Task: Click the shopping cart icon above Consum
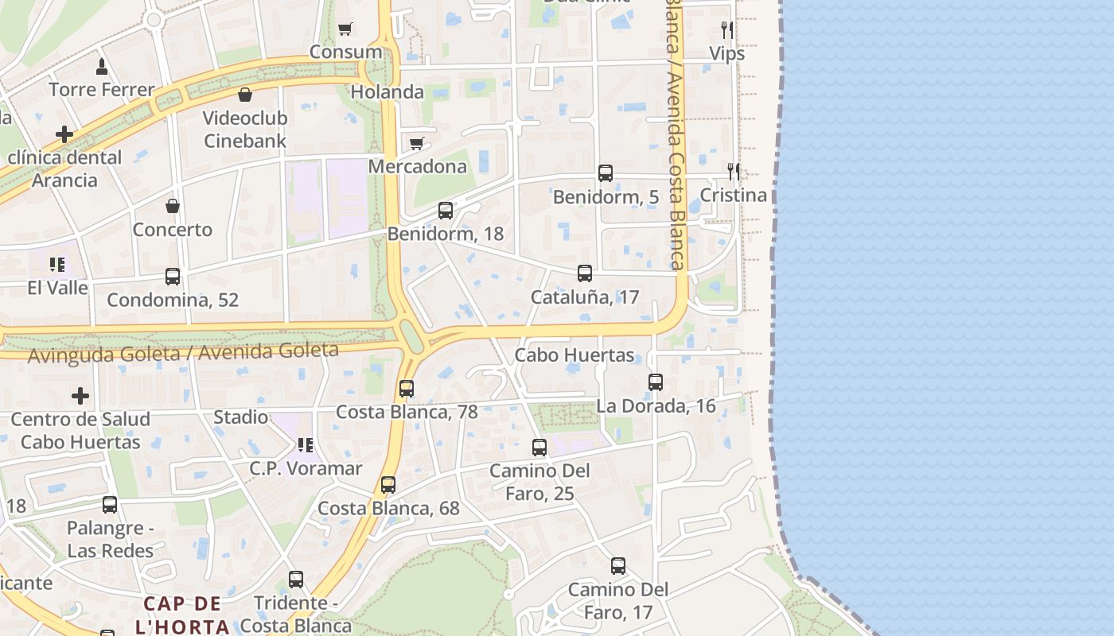345,29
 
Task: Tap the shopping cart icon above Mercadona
416,144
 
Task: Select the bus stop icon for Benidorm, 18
446,211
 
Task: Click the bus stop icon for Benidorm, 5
606,173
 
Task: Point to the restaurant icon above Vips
726,30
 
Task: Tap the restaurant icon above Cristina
734,171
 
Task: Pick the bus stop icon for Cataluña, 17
585,273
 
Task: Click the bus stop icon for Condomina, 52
173,277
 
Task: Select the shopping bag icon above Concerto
173,207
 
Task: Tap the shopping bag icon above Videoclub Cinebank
245,95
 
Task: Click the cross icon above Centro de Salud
80,395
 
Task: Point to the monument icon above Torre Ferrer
102,66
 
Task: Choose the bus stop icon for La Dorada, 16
656,382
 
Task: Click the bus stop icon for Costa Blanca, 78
407,389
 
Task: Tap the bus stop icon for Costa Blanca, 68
388,485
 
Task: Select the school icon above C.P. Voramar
306,445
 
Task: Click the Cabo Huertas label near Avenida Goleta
575,355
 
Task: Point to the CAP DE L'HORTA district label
186,615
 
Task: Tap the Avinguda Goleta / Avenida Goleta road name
183,352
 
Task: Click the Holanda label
388,91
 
